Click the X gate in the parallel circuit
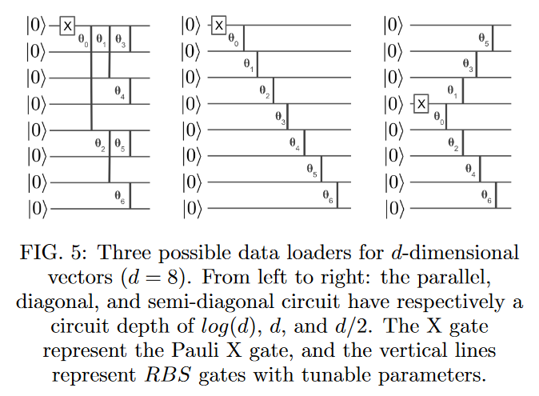(68, 26)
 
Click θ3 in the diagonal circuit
(280, 118)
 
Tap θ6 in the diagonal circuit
(328, 194)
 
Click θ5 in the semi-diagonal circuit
(483, 38)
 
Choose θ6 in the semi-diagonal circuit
(485, 194)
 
